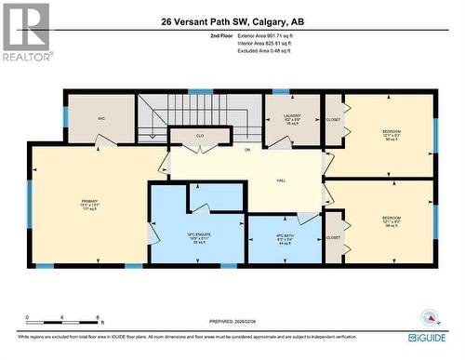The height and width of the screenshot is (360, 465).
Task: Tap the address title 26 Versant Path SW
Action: click(232, 20)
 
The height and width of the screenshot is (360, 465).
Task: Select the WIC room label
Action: click(102, 119)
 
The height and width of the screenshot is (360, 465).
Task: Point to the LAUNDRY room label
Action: click(292, 119)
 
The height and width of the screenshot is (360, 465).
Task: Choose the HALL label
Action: click(280, 180)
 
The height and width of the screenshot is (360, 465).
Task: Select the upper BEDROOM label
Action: click(391, 133)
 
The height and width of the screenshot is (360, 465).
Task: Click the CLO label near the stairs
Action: click(199, 136)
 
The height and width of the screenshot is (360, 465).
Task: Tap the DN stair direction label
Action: click(247, 150)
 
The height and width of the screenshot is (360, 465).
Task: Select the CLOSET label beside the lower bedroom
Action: click(333, 237)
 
